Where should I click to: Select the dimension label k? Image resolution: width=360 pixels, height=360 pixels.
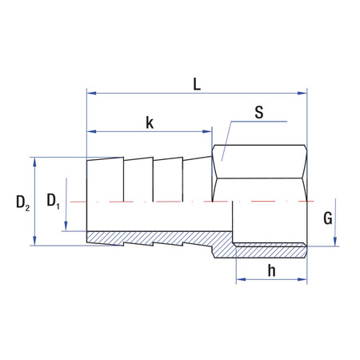(x=150, y=122)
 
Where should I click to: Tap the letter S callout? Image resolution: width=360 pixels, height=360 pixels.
(x=258, y=112)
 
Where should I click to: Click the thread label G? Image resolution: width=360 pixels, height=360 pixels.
(x=327, y=217)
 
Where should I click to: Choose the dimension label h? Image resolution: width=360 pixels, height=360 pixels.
(x=271, y=270)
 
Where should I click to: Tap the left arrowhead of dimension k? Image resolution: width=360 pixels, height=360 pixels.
(x=90, y=131)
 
